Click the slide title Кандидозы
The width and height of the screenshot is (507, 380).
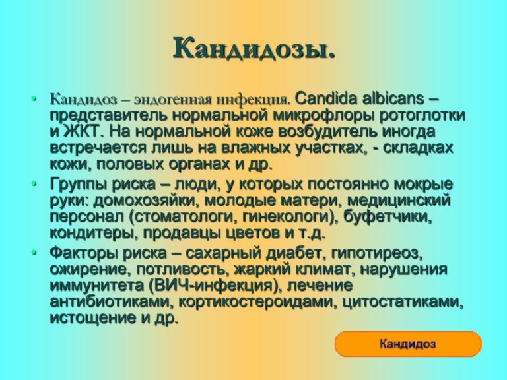253,48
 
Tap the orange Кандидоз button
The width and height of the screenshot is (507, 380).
408,344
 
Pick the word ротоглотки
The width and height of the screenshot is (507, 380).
422,116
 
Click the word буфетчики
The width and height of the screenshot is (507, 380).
388,217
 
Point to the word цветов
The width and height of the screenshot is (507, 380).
252,234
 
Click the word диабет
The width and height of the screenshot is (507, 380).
295,253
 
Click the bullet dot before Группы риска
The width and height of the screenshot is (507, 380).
34,184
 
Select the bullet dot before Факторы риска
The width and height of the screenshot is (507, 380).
34,253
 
